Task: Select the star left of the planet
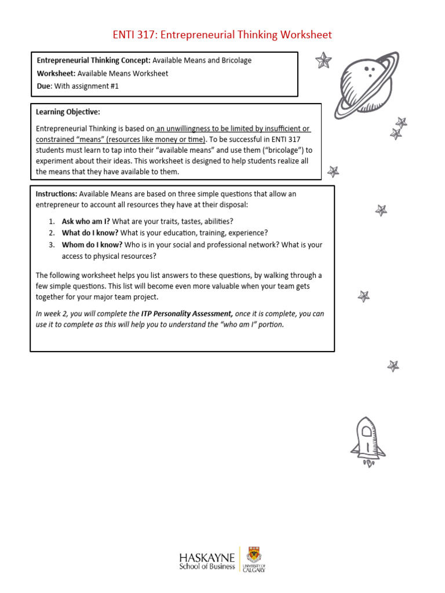coord(323,60)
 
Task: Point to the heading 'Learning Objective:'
coord(68,112)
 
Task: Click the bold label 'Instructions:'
coord(56,194)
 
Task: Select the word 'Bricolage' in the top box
coord(234,60)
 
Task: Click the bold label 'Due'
coord(44,86)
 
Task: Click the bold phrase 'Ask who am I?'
coord(86,221)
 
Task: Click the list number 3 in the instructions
coord(52,244)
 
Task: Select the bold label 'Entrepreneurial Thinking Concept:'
coord(94,60)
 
